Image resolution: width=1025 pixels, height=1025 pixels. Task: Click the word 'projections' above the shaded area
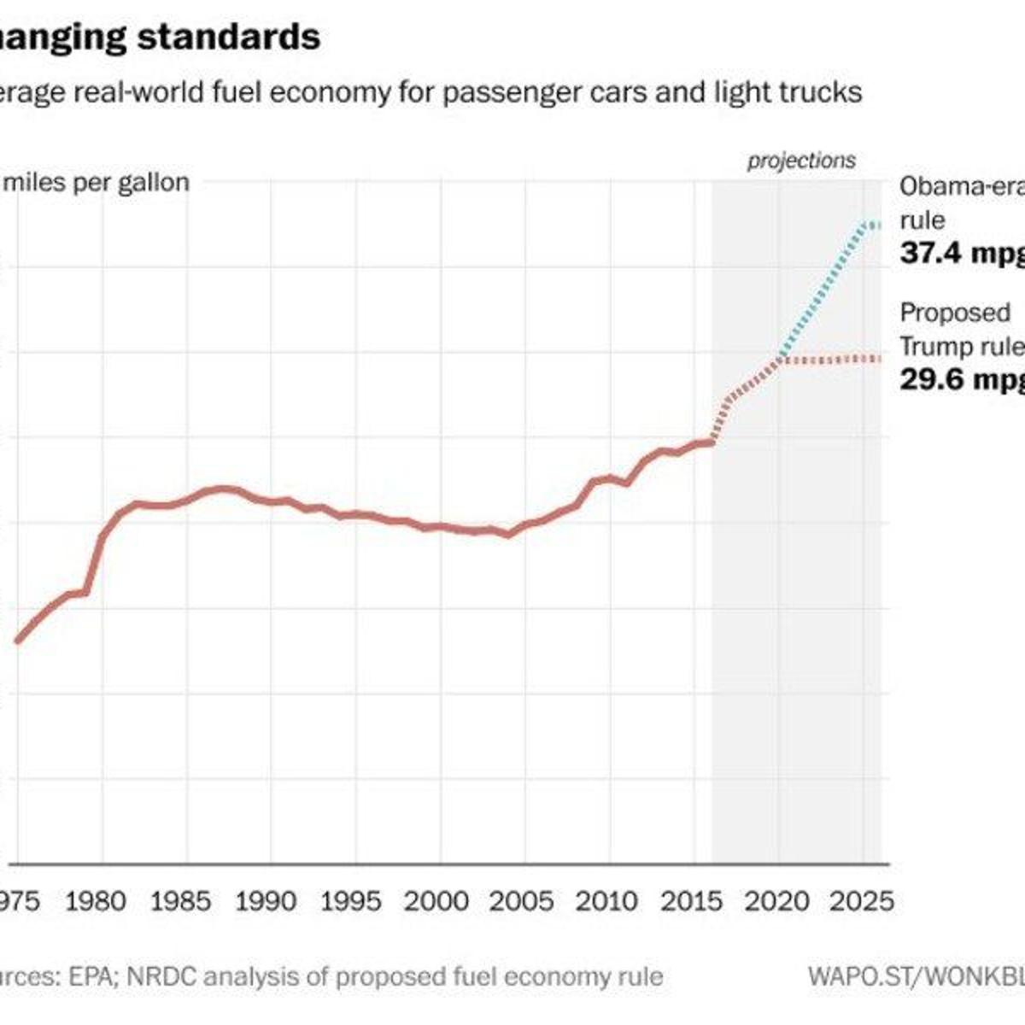pos(801,161)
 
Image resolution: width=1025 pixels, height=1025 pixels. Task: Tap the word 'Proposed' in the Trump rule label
pos(955,313)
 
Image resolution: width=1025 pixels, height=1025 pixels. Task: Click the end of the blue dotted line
pos(878,225)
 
